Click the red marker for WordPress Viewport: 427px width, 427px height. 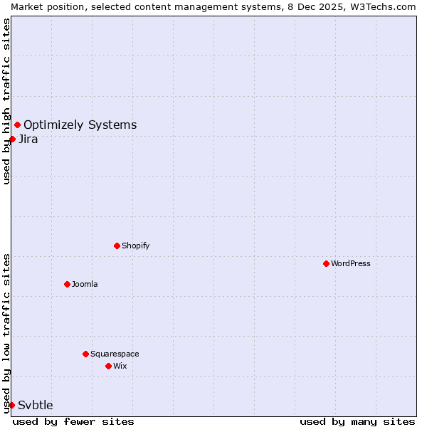[327, 263]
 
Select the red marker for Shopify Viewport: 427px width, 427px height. [117, 246]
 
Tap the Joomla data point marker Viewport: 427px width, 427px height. [68, 284]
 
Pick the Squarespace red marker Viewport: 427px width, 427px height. [86, 354]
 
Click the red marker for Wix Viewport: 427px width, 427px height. [109, 366]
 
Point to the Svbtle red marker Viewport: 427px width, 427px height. [12, 405]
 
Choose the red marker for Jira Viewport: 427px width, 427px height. [12, 139]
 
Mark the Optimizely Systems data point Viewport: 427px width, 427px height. [17, 125]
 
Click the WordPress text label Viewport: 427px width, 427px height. [351, 263]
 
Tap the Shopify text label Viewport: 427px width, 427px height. [135, 246]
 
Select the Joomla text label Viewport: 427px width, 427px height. [85, 284]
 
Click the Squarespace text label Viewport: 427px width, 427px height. [115, 354]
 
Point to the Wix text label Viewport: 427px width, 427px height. [120, 366]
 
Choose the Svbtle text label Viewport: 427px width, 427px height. [36, 405]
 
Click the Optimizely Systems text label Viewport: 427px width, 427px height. [80, 125]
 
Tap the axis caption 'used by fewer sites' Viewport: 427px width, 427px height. [73, 421]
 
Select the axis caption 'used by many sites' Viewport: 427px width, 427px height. [357, 421]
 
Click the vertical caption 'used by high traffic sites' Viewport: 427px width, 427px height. [6, 101]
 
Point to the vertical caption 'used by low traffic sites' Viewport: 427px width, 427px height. [6, 333]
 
